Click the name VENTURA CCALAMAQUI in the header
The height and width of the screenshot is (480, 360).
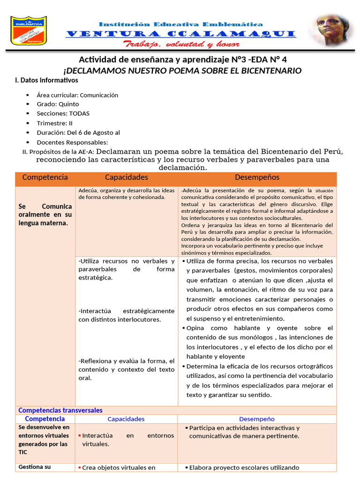pos(180,33)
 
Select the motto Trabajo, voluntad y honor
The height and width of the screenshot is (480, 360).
pos(181,44)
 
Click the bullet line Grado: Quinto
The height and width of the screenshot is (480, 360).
pos(58,104)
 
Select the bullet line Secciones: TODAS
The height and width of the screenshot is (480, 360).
pos(63,113)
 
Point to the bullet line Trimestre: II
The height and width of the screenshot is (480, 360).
pos(54,123)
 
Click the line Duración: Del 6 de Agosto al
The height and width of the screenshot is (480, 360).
pos(78,133)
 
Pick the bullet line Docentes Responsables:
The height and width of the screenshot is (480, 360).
pos(72,142)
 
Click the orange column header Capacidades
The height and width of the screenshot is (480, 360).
pos(126,177)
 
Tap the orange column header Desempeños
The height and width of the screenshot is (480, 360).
pos(257,177)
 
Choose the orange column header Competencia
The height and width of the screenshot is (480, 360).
pos(45,177)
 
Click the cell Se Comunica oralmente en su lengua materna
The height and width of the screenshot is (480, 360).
pos(45,215)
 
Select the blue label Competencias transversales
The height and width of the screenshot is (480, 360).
pos(60,410)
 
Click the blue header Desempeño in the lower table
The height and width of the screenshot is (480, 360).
pos(257,419)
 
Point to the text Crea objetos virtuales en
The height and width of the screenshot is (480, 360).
pos(119,467)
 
